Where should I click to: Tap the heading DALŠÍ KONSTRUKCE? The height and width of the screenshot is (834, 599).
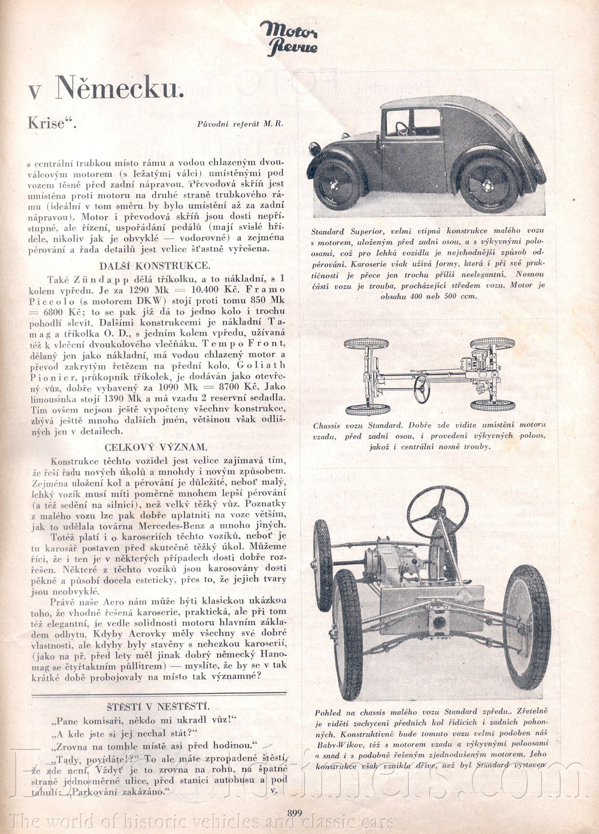(x=154, y=266)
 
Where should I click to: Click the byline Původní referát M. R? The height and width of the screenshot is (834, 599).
(x=240, y=124)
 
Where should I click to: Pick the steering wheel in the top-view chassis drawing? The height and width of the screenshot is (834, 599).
(x=422, y=388)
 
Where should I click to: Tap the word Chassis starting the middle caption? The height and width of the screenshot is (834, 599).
(x=326, y=426)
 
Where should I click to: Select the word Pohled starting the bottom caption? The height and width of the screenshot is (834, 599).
(x=328, y=712)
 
